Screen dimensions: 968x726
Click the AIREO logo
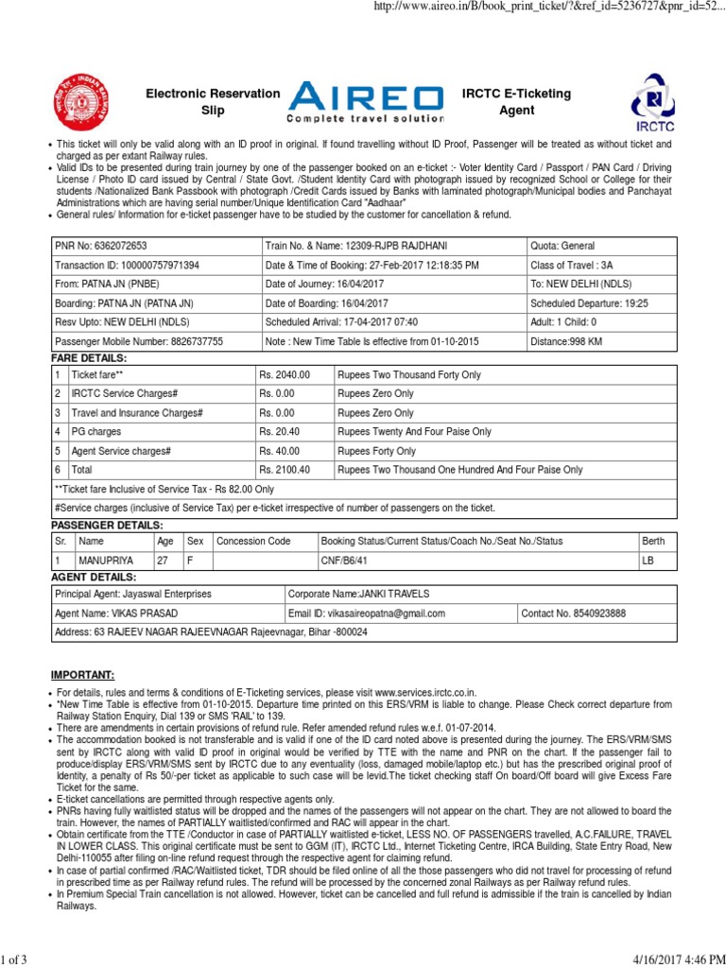(366, 102)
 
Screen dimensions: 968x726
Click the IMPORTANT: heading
(81, 675)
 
